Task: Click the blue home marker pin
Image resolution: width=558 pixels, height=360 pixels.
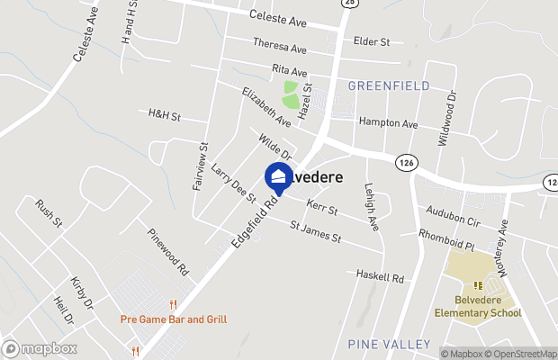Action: point(278,177)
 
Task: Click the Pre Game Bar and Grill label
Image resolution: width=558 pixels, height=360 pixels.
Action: point(174,319)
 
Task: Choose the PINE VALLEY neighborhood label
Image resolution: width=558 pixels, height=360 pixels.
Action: point(382,344)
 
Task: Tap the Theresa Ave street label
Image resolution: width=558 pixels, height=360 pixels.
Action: point(280,48)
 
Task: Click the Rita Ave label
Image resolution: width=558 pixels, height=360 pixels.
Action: point(289,70)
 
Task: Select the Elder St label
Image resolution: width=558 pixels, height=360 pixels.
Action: point(371,41)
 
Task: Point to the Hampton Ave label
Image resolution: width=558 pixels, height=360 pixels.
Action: point(389,122)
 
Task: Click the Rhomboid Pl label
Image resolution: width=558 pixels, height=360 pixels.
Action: point(446,235)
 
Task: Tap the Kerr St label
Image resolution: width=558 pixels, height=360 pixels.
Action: point(321,209)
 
